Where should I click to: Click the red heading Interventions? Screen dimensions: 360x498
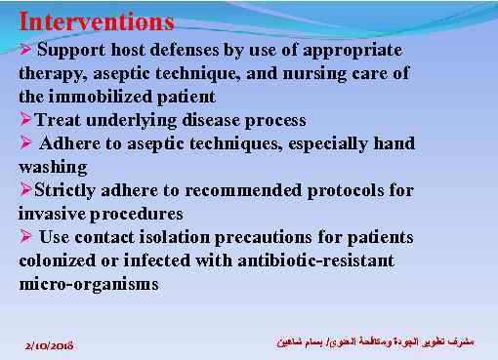[x=96, y=20]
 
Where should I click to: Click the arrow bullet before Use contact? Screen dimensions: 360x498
[x=26, y=237]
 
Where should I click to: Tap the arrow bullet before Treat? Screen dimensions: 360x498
[x=25, y=120]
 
